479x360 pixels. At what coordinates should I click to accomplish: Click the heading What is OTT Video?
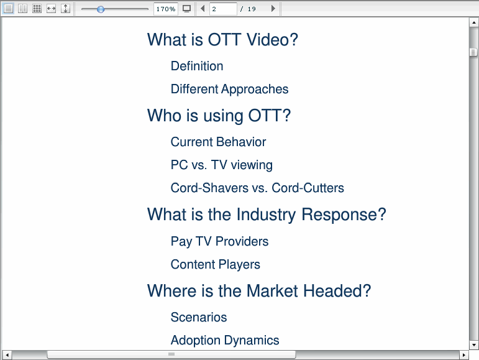[222, 40]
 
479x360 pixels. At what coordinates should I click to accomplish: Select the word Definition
[197, 66]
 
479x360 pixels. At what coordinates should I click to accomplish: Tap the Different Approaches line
[229, 90]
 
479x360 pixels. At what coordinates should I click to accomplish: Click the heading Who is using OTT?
[219, 116]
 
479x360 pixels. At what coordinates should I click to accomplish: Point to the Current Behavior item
[218, 142]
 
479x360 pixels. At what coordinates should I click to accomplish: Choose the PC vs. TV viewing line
[221, 165]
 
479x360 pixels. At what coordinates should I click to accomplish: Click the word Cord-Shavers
[209, 188]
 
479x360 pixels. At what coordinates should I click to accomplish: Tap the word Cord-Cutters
[308, 188]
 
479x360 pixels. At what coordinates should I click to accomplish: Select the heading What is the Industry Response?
[267, 215]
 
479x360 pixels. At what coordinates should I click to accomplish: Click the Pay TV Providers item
[219, 241]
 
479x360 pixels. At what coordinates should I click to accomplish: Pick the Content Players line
[216, 264]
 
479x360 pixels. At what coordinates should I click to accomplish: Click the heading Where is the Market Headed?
[259, 290]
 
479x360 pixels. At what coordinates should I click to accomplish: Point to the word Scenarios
[199, 317]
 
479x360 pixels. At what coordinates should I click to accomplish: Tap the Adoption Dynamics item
[225, 340]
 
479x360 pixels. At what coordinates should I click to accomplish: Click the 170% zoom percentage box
[166, 9]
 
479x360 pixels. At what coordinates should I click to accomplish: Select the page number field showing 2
[223, 9]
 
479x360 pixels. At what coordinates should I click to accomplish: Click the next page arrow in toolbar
[273, 9]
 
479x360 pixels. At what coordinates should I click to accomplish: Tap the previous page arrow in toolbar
[203, 9]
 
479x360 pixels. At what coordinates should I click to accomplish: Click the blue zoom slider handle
[101, 9]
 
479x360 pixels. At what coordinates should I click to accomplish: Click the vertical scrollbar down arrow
[473, 345]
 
